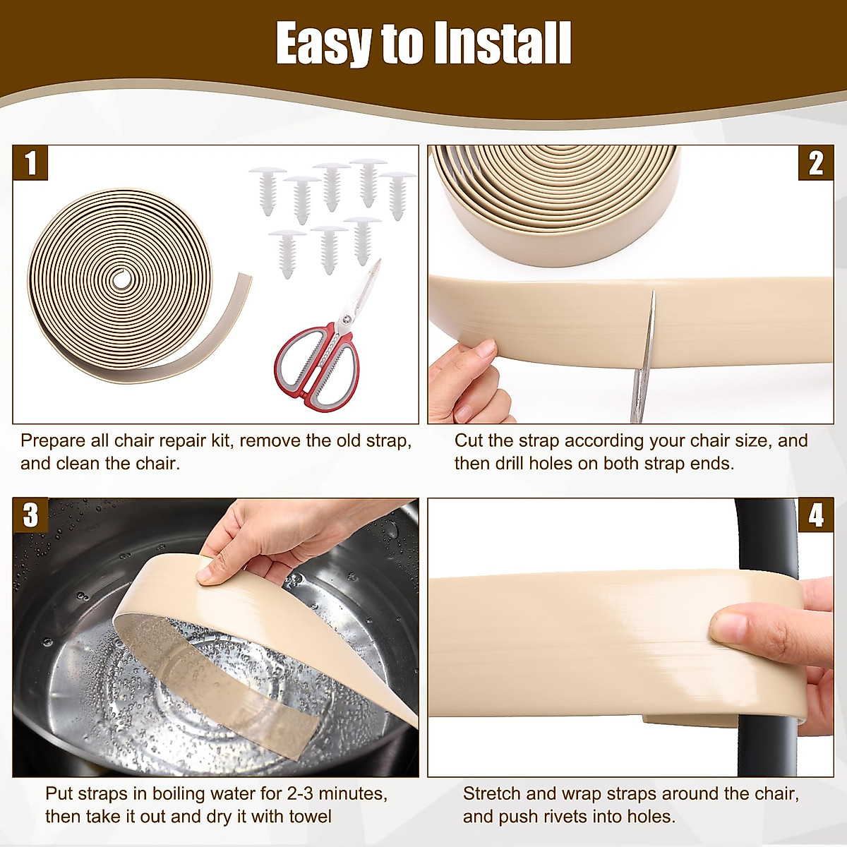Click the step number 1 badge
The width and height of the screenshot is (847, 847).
30,163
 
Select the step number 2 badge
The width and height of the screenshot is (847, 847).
816,163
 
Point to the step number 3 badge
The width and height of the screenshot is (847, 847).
30,515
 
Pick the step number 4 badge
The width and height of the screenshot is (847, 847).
816,515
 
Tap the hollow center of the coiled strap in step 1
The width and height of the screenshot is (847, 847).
121,278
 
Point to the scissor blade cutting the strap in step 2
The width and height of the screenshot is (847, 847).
645,356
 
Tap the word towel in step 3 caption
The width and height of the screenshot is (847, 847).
311,817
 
